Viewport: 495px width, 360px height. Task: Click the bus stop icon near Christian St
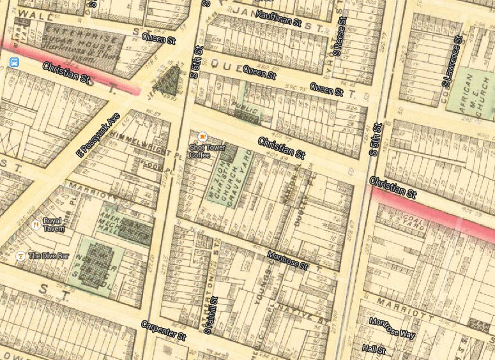(14, 63)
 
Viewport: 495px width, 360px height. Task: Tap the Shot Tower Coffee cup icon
(202, 137)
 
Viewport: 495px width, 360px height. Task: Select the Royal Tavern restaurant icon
(36, 224)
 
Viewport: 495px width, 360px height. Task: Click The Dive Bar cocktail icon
(20, 256)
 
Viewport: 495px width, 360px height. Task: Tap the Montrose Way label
(392, 329)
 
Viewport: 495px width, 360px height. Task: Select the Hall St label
(374, 350)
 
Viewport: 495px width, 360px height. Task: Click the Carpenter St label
(163, 329)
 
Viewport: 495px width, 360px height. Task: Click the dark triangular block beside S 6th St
(169, 82)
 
